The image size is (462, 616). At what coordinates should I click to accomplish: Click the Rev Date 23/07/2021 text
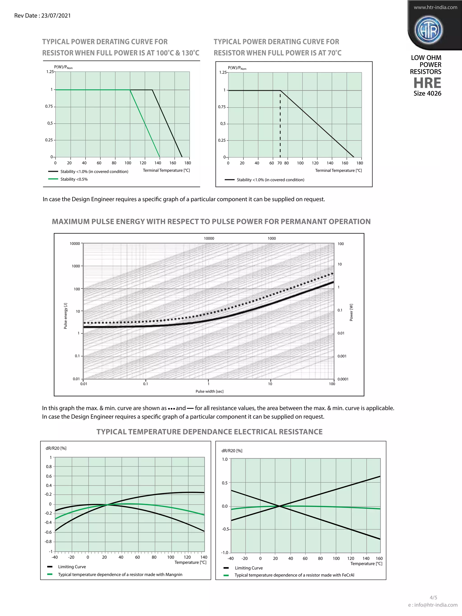coord(42,16)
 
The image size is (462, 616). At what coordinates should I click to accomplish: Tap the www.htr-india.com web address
coord(435,7)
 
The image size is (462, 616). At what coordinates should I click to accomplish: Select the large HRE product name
coord(427,83)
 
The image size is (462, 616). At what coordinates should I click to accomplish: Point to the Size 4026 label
coord(427,93)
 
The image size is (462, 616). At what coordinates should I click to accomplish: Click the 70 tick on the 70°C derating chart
coord(280,163)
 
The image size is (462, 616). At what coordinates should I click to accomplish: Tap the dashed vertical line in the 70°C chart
coord(280,125)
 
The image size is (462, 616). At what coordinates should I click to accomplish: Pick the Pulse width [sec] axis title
coord(209,391)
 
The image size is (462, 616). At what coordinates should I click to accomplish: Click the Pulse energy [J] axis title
coord(65,316)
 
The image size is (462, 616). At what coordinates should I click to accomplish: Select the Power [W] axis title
coord(351,312)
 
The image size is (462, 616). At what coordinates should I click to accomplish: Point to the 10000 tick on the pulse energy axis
coord(75,243)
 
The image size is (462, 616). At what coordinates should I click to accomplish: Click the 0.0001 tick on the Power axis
coord(343,379)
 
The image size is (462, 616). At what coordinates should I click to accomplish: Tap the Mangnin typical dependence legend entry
coord(120,574)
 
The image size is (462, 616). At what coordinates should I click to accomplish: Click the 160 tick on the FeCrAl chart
coord(379,558)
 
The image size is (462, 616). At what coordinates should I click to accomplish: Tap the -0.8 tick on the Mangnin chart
coord(49,541)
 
